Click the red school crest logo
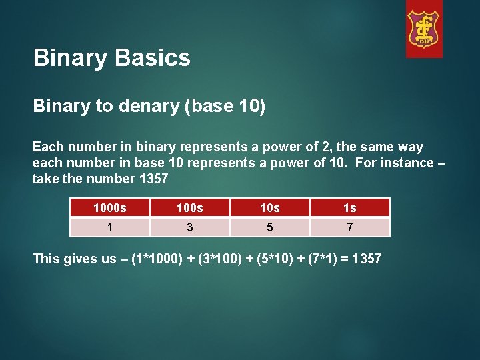click(424, 29)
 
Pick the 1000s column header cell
click(109, 208)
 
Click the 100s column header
click(190, 208)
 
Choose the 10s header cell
click(269, 208)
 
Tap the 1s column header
click(349, 208)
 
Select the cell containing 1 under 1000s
click(109, 227)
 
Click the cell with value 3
click(190, 227)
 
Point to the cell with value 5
click(269, 227)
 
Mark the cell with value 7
click(349, 227)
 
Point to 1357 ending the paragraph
click(153, 179)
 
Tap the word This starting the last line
click(46, 259)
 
